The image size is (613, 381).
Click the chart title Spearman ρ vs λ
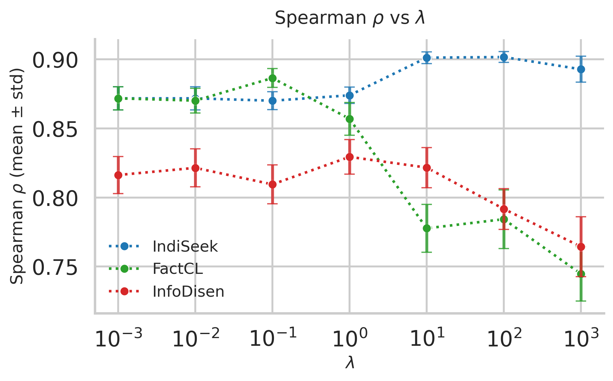point(350,18)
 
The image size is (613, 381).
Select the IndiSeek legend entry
point(185,246)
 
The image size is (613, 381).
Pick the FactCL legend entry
point(177,269)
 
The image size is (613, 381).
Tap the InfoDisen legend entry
point(188,291)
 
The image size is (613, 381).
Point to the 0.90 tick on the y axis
point(55,61)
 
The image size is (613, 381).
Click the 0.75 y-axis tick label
point(55,268)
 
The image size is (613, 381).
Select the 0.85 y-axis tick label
point(55,130)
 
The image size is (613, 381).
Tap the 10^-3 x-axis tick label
point(118,339)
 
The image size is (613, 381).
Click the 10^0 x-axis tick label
point(350,339)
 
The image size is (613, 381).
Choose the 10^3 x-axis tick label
point(581,339)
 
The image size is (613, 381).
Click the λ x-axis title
point(350,362)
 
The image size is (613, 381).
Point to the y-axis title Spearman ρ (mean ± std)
point(17,176)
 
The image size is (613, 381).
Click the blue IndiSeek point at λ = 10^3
point(581,69)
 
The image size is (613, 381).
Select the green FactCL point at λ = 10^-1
point(272,78)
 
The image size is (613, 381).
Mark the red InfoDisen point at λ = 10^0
point(350,157)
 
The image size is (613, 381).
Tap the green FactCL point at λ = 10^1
point(427,228)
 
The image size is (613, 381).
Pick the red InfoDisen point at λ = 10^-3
point(118,175)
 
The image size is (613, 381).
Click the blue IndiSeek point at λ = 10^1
point(427,58)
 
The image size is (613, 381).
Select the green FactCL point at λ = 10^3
point(581,274)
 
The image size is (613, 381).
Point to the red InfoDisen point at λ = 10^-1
point(272,184)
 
